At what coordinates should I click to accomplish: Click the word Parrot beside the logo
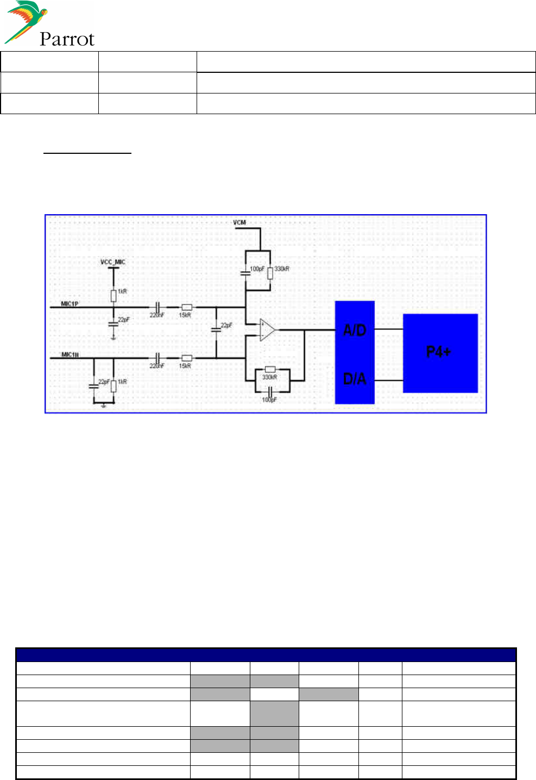point(67,39)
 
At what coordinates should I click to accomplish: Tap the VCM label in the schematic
point(239,222)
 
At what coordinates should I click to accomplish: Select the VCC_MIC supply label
point(113,262)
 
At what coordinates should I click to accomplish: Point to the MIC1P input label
point(70,303)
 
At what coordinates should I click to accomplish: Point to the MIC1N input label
point(70,354)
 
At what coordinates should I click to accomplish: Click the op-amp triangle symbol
point(267,329)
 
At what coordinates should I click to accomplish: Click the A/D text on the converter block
point(355,330)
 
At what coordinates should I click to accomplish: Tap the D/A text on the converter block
point(355,379)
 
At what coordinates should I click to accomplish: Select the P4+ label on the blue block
point(438,352)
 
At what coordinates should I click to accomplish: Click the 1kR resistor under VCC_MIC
point(113,295)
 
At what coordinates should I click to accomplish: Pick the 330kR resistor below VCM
point(270,272)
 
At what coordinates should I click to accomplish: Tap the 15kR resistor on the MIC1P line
point(186,307)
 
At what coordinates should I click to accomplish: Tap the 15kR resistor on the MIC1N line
point(186,358)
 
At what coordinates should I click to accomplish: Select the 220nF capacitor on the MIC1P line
point(157,307)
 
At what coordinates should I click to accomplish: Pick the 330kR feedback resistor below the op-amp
point(270,369)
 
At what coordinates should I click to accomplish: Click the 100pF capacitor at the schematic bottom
point(270,391)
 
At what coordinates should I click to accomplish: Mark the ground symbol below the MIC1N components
point(104,405)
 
